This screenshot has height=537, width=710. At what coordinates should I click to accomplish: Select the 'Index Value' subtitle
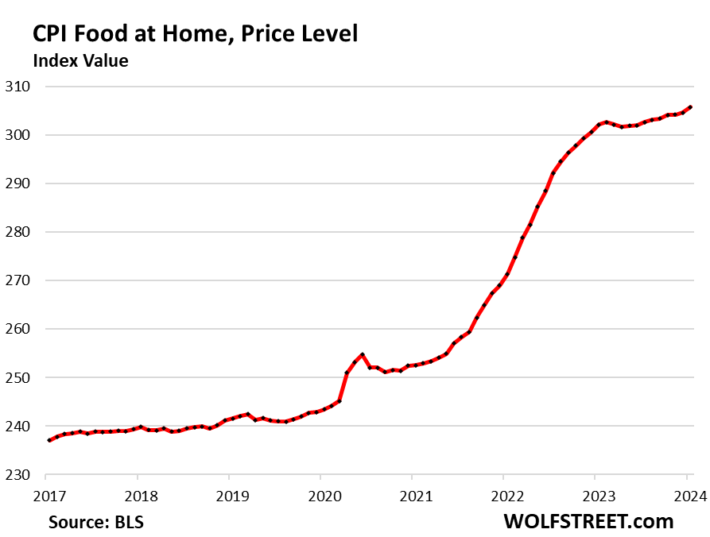[80, 60]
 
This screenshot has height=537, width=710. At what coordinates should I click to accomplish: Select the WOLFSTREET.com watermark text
[588, 521]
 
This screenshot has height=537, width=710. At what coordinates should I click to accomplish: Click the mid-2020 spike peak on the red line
[362, 354]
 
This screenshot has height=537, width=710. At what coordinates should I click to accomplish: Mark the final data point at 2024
[689, 106]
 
